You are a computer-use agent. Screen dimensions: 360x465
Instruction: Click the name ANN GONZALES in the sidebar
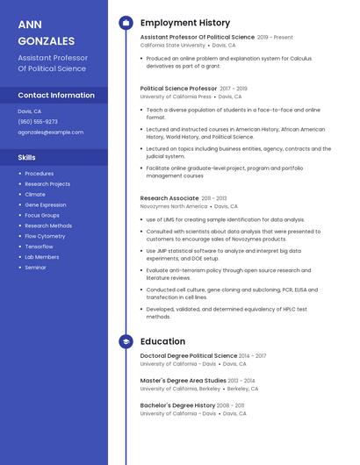tap(46, 32)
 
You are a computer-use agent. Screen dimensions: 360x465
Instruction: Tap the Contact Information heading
tap(56, 95)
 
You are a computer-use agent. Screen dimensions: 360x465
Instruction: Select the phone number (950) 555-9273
tap(38, 122)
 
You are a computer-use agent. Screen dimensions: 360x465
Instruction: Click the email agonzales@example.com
tap(51, 132)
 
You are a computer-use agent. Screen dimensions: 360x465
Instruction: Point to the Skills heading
tap(27, 158)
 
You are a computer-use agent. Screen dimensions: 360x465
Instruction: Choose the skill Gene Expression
tap(46, 204)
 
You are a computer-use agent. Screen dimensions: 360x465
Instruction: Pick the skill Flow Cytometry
tap(45, 236)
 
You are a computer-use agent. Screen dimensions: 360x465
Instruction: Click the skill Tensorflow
tap(39, 247)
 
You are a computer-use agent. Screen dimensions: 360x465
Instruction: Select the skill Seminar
tap(35, 268)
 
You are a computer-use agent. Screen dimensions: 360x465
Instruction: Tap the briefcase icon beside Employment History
tap(126, 23)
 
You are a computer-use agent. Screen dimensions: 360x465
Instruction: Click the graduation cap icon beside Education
tap(126, 341)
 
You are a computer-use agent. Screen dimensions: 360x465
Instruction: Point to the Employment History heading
tap(185, 23)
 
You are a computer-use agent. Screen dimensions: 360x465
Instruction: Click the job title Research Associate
tap(169, 198)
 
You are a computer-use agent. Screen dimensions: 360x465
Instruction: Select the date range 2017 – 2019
tap(234, 89)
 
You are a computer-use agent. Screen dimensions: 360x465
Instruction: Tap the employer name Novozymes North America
tap(171, 206)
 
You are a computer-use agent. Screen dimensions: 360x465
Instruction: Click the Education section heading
tap(162, 341)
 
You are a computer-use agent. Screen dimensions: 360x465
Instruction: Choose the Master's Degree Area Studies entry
tap(183, 380)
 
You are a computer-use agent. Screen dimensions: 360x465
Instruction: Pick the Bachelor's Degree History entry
tap(177, 405)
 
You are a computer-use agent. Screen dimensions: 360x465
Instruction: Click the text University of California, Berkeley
tap(180, 388)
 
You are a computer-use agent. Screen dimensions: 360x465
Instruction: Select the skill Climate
tap(35, 194)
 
